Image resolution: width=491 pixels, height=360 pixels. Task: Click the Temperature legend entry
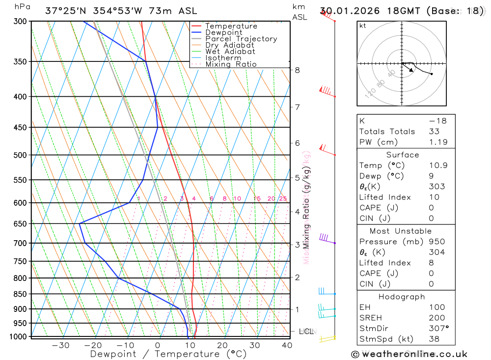coord(231,26)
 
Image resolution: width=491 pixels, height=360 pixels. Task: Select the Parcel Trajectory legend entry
coord(241,39)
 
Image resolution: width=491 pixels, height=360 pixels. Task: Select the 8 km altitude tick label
coord(298,70)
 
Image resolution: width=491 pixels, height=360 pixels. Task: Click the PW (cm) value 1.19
coord(438,142)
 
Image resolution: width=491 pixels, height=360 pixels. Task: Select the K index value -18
coord(435,121)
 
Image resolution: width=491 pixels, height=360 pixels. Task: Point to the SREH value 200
coord(436,318)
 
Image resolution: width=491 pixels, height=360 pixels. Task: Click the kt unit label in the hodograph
coord(363,26)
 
